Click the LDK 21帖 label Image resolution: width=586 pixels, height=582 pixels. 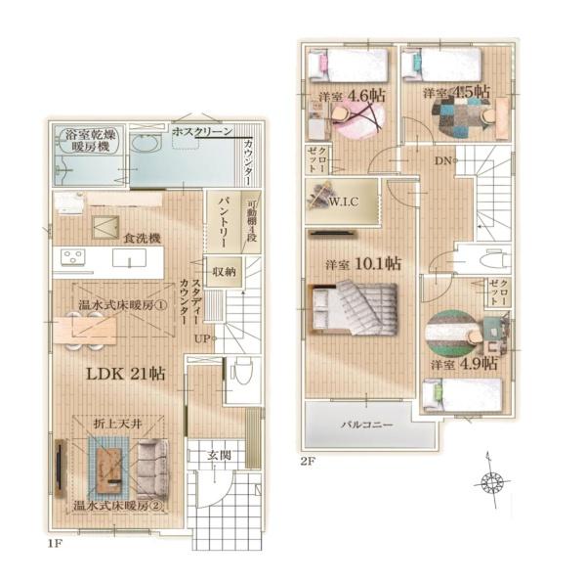tap(126, 374)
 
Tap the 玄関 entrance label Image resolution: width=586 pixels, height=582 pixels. tap(220, 456)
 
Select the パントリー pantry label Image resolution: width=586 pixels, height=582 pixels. tap(224, 222)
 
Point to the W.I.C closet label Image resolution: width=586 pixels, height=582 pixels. tap(344, 201)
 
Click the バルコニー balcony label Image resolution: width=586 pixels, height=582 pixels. tap(367, 425)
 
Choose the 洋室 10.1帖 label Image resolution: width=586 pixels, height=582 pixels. tap(363, 264)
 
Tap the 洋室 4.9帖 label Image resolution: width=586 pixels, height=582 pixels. tap(464, 364)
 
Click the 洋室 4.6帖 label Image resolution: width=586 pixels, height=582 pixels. tap(352, 95)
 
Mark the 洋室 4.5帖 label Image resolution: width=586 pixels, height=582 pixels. tap(456, 91)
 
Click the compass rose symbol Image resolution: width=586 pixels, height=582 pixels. tap(492, 482)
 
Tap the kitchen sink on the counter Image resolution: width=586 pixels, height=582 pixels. tap(129, 258)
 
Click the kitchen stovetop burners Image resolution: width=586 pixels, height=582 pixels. tap(73, 257)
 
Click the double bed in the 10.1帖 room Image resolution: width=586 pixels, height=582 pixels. tap(352, 307)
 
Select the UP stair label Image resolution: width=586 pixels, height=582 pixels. tap(201, 338)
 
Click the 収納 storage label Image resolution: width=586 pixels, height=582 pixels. tap(224, 272)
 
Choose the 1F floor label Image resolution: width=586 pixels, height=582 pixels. tap(55, 544)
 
